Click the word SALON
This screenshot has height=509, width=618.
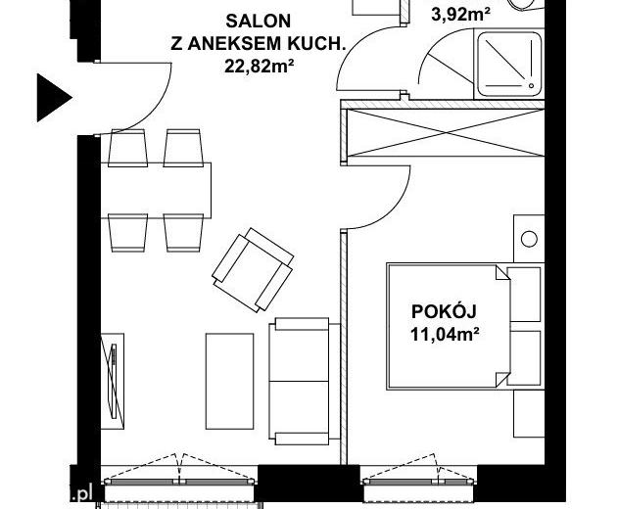click(259, 21)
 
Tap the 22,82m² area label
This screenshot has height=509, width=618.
click(259, 66)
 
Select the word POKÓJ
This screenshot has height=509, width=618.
click(444, 310)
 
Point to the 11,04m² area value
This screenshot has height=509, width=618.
click(445, 335)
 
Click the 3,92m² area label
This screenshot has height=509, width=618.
click(460, 15)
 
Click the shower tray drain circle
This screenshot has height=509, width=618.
click(531, 85)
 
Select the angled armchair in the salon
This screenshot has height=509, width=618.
click(253, 270)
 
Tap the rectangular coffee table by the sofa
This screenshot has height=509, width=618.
click(230, 381)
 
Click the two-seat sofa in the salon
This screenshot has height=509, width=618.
click(305, 382)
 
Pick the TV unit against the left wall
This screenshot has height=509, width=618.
click(113, 381)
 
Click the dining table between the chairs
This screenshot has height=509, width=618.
click(156, 190)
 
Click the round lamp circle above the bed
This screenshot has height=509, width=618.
click(529, 239)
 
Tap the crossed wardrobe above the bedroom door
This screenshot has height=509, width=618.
click(443, 132)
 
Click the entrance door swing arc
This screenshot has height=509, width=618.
click(153, 113)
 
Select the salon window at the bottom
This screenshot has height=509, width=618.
click(179, 482)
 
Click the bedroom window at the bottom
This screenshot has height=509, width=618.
click(418, 482)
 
